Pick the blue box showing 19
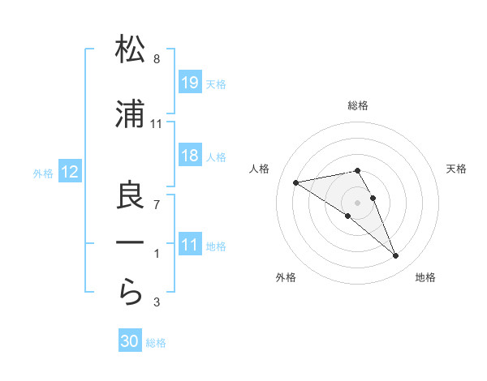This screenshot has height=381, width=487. tap(190, 83)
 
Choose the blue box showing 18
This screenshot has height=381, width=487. tap(190, 156)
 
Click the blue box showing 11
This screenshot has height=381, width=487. tap(190, 245)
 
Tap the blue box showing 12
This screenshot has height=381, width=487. tap(69, 172)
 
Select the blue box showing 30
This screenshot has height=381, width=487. tap(130, 341)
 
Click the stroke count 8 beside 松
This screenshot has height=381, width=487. tap(157, 59)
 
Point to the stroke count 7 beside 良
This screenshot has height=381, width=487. tap(157, 204)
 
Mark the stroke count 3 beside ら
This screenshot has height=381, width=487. tap(157, 303)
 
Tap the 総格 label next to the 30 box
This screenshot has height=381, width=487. tap(156, 343)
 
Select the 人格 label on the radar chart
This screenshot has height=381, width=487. tap(260, 169)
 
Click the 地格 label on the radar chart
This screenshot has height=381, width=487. tap(425, 278)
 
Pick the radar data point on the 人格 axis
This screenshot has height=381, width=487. tap(296, 182)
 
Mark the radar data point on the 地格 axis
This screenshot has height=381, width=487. tap(396, 256)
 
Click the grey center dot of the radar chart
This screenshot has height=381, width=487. tap(358, 202)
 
